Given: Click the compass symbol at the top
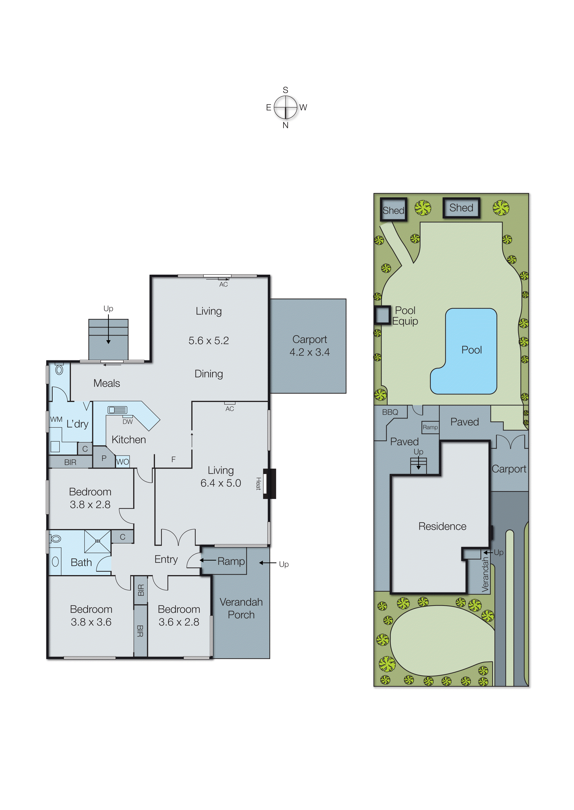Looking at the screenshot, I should [285, 107].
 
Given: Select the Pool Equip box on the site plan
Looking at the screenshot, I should [382, 315].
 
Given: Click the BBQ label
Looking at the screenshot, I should [390, 412].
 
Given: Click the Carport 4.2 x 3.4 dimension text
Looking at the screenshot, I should [310, 352].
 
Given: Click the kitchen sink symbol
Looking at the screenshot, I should [117, 410].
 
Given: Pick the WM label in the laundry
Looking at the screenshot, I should [56, 419].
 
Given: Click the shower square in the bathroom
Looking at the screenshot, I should [97, 541].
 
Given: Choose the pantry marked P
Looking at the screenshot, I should [104, 458].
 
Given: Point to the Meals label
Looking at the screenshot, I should [107, 383].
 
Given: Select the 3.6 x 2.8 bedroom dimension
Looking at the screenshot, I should [179, 622].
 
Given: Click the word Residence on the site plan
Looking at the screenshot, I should [442, 526].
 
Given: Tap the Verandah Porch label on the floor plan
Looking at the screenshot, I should [241, 608].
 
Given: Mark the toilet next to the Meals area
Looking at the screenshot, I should [59, 370].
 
